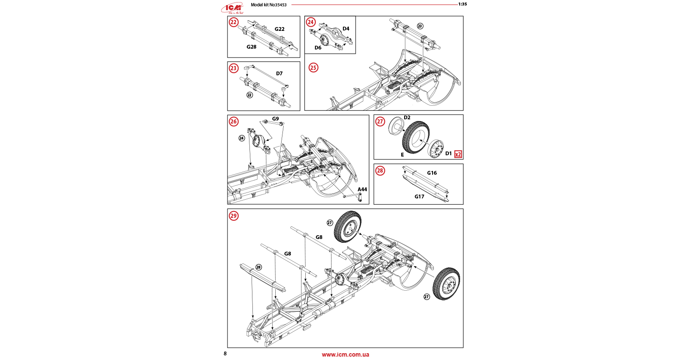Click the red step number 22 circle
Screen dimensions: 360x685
pos(234,22)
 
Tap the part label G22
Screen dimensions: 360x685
pos(279,29)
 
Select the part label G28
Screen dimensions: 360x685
pos(252,47)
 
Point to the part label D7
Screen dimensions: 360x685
pos(279,74)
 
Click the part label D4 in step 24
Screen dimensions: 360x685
pos(346,29)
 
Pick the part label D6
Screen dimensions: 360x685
pos(318,48)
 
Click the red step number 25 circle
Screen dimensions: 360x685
pos(313,68)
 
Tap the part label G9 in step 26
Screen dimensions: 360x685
pos(275,119)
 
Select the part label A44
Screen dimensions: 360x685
pos(362,190)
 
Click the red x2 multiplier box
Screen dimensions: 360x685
pos(458,154)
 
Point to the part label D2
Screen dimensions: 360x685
pos(407,118)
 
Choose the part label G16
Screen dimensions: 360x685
pos(432,173)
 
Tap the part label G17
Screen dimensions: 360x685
pos(419,197)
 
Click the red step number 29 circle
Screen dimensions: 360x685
pos(234,216)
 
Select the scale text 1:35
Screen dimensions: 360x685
pos(463,4)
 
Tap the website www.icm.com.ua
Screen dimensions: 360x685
pos(345,355)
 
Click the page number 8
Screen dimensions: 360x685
pos(225,354)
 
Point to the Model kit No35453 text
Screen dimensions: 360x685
pos(269,5)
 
